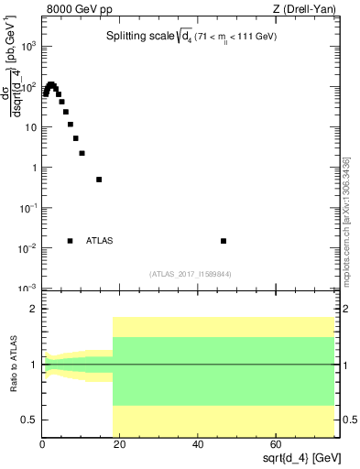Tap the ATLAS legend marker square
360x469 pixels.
coord(70,241)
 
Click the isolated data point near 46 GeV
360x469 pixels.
coord(224,241)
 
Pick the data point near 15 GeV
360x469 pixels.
coord(99,180)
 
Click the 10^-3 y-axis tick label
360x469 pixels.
coord(28,289)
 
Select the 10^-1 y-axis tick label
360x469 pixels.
coord(28,208)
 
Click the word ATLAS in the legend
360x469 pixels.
coord(99,241)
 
